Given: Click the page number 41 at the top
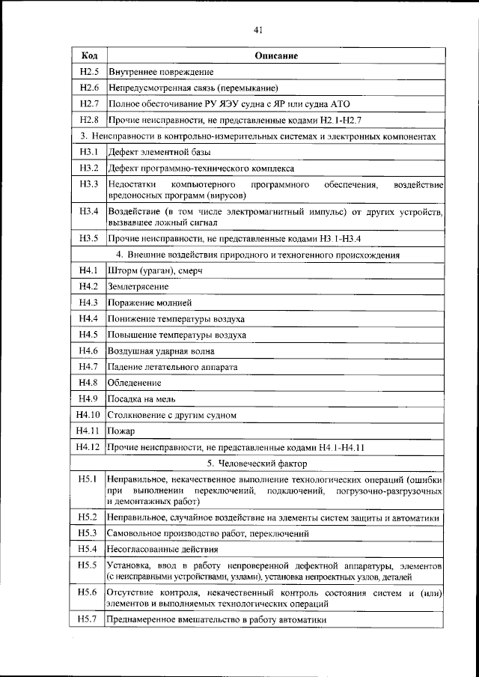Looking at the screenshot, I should pos(257,30).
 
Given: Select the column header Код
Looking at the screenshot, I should pos(88,56).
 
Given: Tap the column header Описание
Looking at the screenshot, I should pos(276,56).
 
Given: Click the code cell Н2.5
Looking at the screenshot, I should pos(88,72).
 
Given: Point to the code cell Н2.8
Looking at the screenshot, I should pos(88,120).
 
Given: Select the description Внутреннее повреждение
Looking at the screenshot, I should pos(161,72).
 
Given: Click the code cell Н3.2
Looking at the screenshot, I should pos(88,167).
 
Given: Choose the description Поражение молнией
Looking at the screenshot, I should pos(150,303).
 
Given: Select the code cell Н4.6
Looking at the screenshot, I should pos(88,350).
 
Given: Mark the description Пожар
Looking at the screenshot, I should pos(121,431).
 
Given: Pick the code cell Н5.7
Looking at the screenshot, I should pos(88,619).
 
